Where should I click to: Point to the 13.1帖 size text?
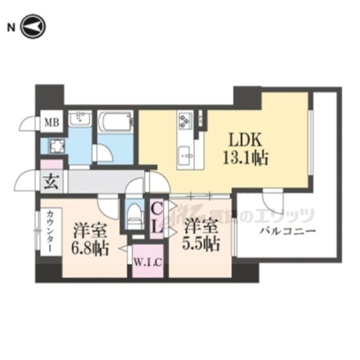[246, 158]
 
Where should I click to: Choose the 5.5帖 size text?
[201, 243]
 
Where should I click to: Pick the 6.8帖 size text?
[90, 247]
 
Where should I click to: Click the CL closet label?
[156, 217]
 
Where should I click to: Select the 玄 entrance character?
[52, 181]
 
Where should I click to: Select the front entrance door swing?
[27, 180]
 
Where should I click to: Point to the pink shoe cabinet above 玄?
[52, 163]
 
